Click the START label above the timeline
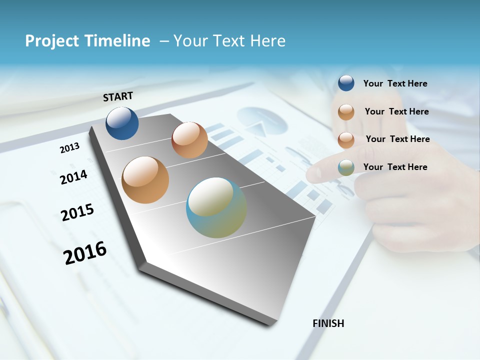point(118,96)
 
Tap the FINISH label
point(328,323)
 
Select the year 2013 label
point(69,148)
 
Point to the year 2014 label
point(73,177)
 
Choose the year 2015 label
point(77,212)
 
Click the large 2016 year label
point(85,252)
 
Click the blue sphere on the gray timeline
point(122,123)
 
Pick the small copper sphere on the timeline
point(189,140)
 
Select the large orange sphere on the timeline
point(145,180)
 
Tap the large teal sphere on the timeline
point(216,207)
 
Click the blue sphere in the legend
point(346,83)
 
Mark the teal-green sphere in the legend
point(346,167)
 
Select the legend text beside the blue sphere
point(395,83)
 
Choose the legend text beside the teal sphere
point(395,167)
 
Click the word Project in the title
point(52,41)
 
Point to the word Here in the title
point(267,40)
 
